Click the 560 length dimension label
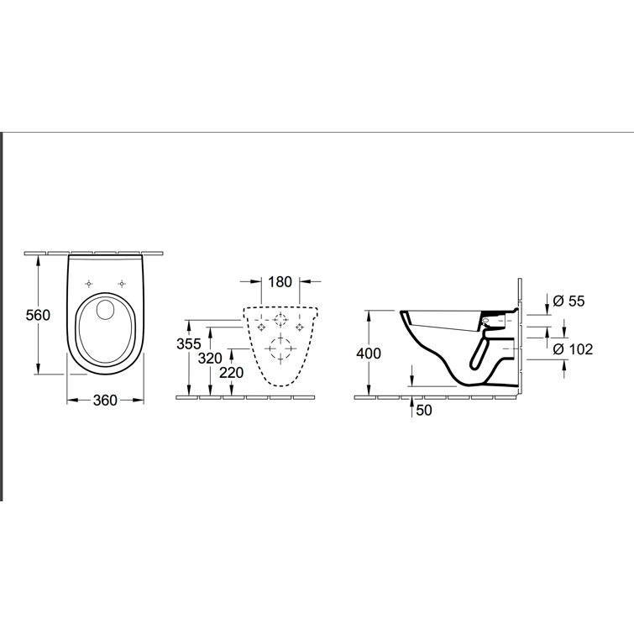[38, 315]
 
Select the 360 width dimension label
[104, 401]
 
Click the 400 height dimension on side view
[369, 354]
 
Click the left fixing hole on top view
[88, 282]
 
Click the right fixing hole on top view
[123, 282]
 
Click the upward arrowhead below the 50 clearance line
[412, 400]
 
